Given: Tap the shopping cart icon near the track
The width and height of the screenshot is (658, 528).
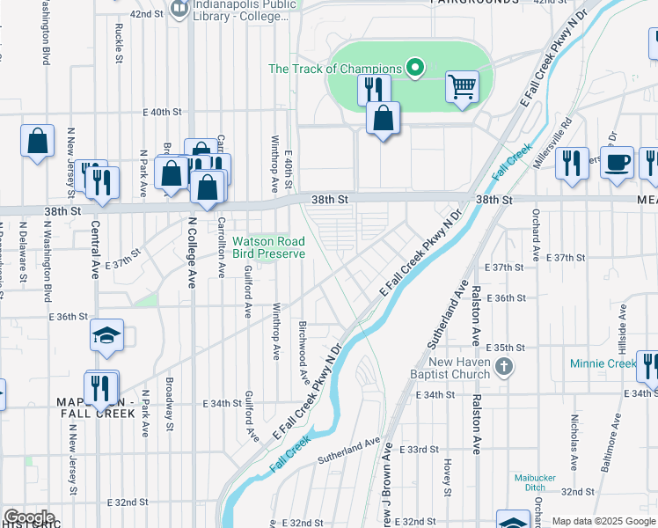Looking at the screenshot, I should (x=462, y=87).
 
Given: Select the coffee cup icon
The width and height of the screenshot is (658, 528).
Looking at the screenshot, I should (x=618, y=162).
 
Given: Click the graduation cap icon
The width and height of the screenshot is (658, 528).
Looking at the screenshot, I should (x=106, y=336).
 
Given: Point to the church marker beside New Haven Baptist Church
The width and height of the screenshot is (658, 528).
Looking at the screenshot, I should (x=504, y=366).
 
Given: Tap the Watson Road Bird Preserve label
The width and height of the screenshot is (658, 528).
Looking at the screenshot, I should (x=268, y=247).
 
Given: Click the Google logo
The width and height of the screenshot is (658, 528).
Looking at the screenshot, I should (x=29, y=517).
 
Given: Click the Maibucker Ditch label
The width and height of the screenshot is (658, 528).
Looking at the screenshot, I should (x=537, y=483).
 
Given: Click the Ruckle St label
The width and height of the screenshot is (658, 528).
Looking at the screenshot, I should (x=118, y=42).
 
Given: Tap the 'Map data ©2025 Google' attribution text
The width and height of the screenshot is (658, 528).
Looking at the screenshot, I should (x=603, y=521).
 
